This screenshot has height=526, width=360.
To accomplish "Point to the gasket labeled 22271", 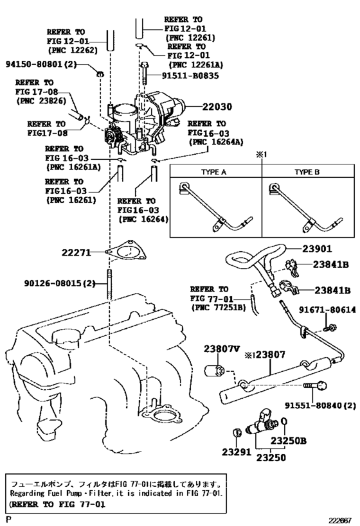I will (x=123, y=252).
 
